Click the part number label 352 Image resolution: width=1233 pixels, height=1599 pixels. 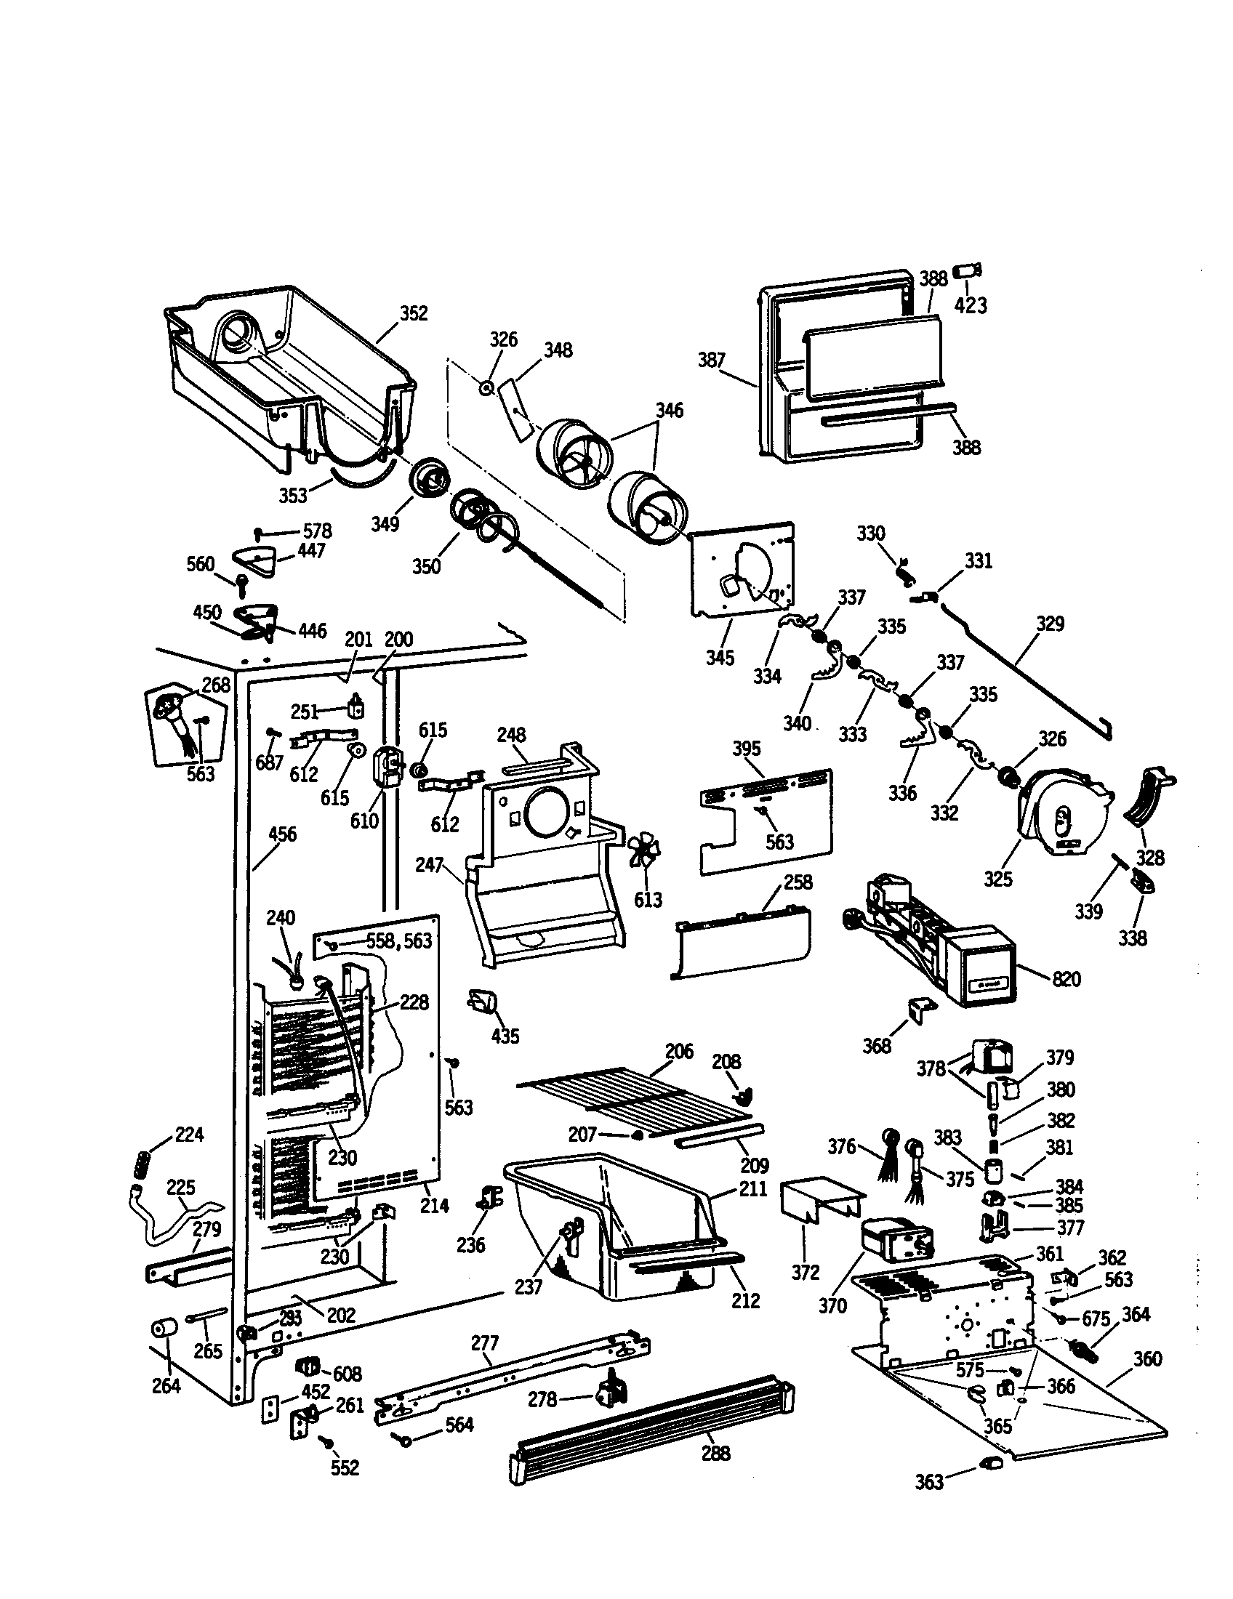pyautogui.click(x=413, y=313)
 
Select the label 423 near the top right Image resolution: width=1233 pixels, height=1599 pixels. pyautogui.click(x=971, y=305)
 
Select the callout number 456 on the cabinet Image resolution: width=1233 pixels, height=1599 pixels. pyautogui.click(x=283, y=834)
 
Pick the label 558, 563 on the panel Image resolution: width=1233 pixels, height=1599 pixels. pyautogui.click(x=399, y=941)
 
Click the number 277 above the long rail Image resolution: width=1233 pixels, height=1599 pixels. pyautogui.click(x=485, y=1342)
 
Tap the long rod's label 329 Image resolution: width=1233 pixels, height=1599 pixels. pyautogui.click(x=1050, y=624)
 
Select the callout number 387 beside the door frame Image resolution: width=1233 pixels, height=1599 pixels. pyautogui.click(x=711, y=360)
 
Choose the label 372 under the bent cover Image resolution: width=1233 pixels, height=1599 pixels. pyautogui.click(x=805, y=1273)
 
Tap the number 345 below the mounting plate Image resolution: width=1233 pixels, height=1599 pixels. pyautogui.click(x=720, y=657)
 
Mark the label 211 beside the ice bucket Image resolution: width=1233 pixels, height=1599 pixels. pyautogui.click(x=752, y=1188)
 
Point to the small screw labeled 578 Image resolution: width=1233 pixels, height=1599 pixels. pyautogui.click(x=259, y=531)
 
